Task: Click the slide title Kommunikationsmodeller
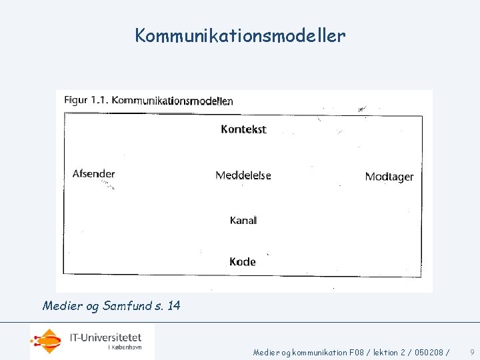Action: coord(240,35)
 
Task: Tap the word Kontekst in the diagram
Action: coord(243,129)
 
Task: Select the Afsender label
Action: coord(93,174)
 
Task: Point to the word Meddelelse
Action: coord(243,176)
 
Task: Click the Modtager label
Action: coord(389,177)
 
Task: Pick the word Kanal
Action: coord(243,220)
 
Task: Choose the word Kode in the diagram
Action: coord(243,262)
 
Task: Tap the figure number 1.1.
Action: coord(100,100)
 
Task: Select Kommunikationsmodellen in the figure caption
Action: coord(172,101)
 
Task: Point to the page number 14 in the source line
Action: coord(173,306)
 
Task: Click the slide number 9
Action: coord(472,351)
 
